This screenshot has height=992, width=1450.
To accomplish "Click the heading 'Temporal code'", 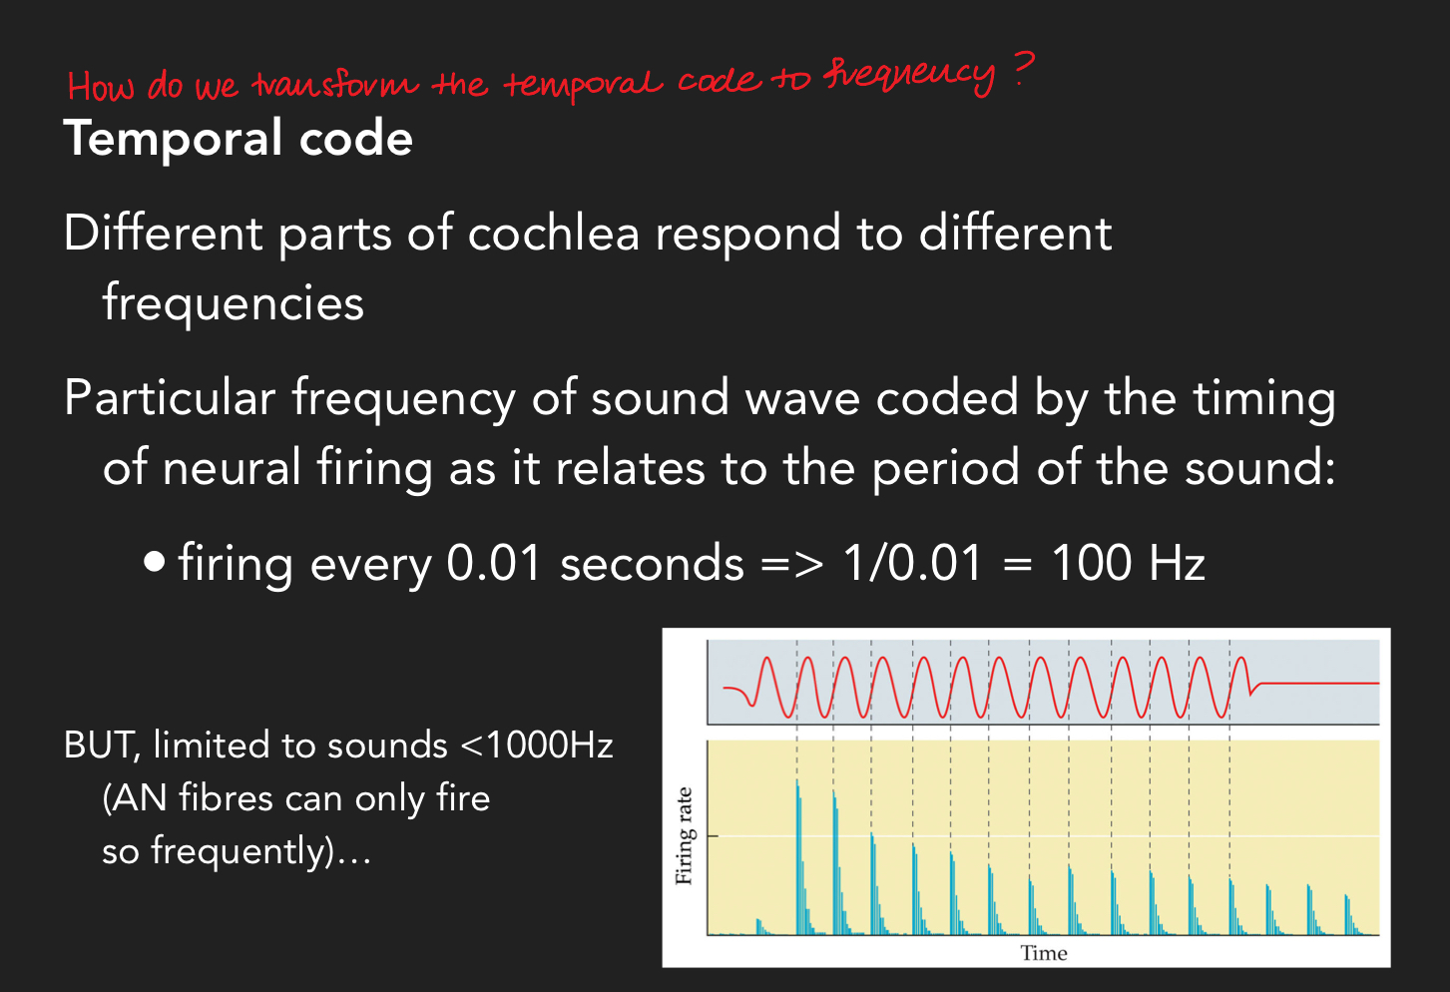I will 238,138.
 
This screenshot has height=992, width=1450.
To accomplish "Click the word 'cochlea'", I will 553,234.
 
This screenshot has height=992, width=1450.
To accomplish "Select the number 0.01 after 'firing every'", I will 493,563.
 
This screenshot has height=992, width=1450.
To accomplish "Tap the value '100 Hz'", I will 1129,563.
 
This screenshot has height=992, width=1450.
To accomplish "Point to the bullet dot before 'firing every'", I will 154,562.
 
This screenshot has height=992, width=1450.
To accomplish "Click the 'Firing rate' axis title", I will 684,836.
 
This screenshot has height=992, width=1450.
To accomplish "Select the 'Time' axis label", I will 1044,953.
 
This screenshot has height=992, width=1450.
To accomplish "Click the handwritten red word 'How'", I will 100,86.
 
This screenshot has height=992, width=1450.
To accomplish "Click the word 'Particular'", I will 170,398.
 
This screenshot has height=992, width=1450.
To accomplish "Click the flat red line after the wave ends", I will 1317,684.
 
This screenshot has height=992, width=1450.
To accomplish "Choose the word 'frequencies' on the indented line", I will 234,302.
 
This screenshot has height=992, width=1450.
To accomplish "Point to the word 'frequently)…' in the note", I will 260,851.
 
